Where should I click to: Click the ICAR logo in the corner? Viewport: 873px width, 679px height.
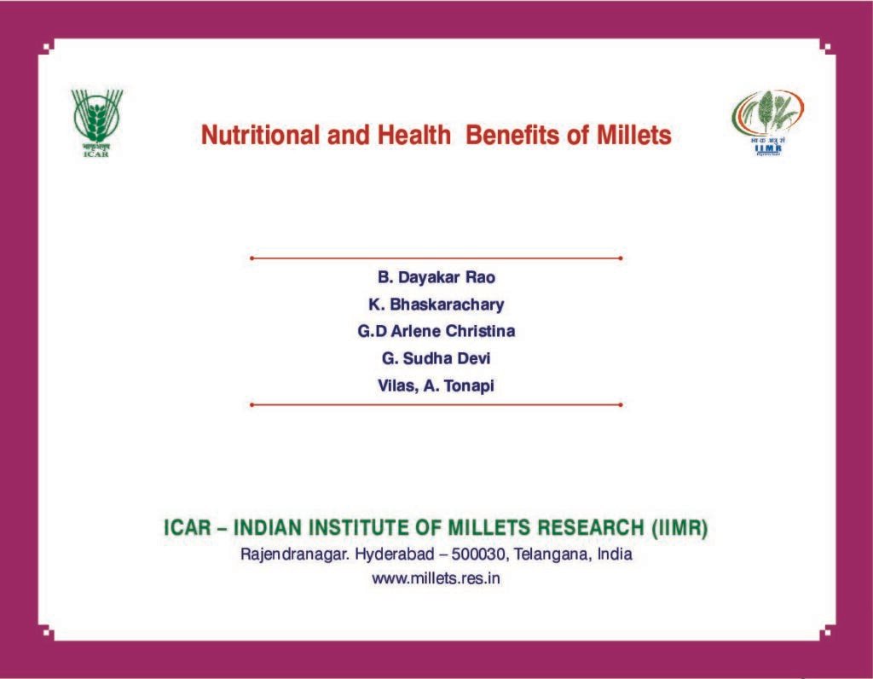coord(96,123)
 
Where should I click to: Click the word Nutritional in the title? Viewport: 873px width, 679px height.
coord(261,136)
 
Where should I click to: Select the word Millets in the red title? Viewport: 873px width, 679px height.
coord(634,136)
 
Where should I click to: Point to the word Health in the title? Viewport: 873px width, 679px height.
coord(414,136)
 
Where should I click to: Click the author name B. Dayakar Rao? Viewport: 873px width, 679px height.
coord(436,277)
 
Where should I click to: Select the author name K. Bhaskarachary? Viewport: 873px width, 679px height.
coord(436,305)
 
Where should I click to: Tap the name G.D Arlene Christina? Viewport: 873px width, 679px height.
coord(436,332)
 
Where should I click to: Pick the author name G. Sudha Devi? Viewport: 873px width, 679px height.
coord(436,359)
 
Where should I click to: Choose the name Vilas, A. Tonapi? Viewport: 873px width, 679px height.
coord(436,386)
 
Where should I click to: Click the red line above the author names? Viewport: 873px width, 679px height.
coord(436,258)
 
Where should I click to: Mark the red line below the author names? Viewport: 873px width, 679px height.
coord(436,405)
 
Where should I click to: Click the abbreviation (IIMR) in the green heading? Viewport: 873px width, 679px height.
coord(679,528)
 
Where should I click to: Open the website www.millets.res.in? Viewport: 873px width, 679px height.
coord(436,578)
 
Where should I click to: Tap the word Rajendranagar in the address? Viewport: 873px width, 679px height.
coord(296,555)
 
